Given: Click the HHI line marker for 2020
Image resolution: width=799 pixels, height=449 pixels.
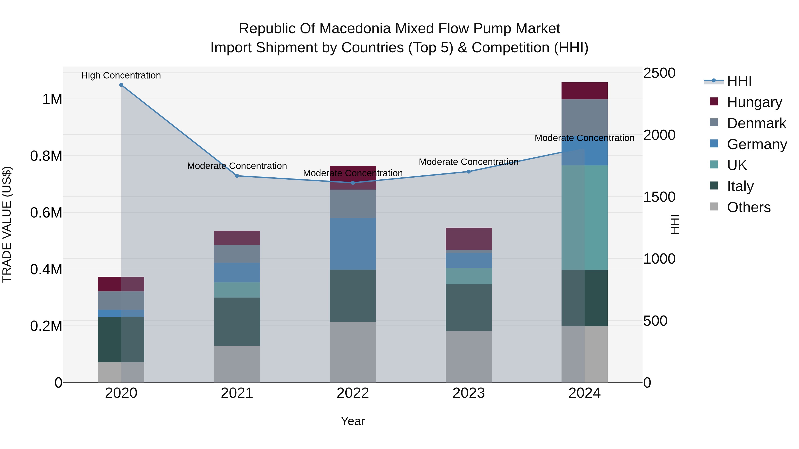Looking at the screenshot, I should click(121, 85).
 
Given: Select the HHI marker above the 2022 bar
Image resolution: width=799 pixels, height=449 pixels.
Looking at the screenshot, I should click(353, 183).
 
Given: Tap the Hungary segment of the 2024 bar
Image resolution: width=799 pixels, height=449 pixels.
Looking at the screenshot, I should click(584, 91).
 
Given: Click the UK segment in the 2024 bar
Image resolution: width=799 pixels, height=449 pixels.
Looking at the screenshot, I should click(584, 218).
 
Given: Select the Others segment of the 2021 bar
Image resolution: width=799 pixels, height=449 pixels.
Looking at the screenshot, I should click(237, 364).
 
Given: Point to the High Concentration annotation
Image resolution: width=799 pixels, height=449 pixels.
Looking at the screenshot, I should click(121, 75).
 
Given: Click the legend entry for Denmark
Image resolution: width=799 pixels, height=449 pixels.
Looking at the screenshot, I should click(756, 123).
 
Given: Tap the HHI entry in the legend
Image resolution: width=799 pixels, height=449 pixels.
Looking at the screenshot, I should click(739, 81).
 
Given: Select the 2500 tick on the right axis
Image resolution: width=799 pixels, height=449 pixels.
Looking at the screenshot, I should click(659, 73).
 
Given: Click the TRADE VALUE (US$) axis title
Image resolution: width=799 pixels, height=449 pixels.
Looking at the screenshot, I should click(7, 224).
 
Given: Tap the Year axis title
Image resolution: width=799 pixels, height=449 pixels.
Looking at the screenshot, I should click(353, 421).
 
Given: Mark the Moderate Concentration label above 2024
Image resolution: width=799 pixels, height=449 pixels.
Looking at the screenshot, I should click(584, 138).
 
